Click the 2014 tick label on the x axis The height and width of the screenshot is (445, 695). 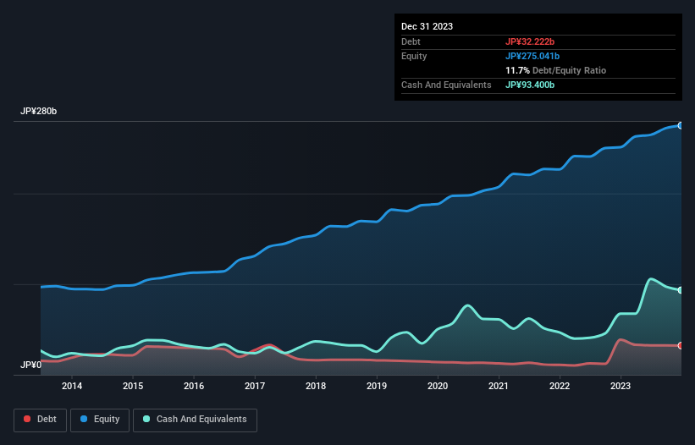point(72,387)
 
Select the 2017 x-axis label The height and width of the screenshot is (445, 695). point(255,387)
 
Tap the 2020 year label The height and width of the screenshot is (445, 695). point(438,387)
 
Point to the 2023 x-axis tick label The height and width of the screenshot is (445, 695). point(621,387)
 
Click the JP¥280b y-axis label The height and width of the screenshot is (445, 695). point(39,112)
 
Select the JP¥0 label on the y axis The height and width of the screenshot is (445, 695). point(30,365)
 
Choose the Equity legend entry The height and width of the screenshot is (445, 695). point(99,419)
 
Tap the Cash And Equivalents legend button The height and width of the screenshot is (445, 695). point(195,419)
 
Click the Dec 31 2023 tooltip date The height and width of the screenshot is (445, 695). point(427,26)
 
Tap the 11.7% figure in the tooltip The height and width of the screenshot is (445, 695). point(516,70)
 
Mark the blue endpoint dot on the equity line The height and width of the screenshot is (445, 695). point(681,125)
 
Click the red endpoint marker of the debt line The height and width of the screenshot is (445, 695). point(681,345)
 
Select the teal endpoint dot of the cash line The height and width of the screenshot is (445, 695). point(681,290)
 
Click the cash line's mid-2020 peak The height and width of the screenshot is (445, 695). point(467,305)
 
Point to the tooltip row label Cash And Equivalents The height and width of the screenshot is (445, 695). point(445,85)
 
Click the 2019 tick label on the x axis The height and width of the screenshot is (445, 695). point(377,387)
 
